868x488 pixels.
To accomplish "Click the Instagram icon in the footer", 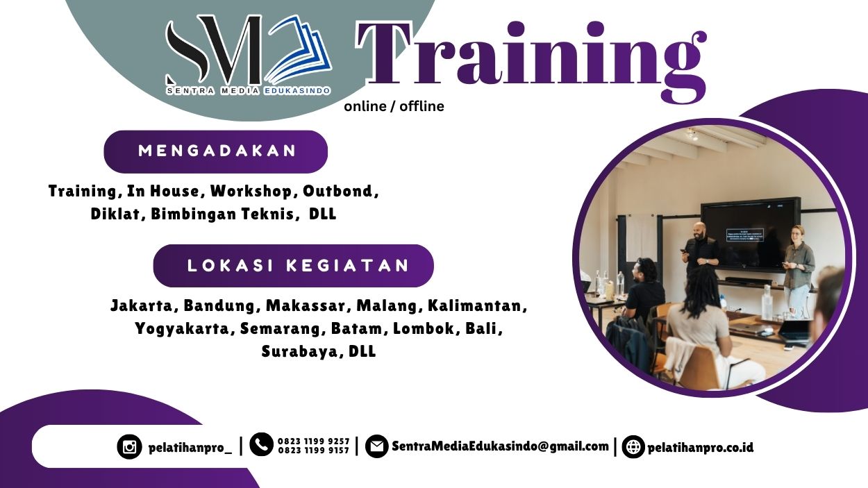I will point(129,447).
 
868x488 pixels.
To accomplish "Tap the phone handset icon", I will point(261,444).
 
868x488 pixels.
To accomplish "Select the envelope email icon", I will point(376,446).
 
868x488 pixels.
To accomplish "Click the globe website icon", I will point(633,447).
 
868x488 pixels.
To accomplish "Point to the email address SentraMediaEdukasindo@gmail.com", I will point(500,446).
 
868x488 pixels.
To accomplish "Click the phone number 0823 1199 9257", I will point(313,441).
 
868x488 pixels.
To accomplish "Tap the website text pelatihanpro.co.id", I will point(700,447).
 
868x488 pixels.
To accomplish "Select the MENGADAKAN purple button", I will point(216,151).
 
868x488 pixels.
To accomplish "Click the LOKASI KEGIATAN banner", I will point(294,266).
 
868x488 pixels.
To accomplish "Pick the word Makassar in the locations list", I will point(308,305).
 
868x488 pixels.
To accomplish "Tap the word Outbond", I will point(340,191).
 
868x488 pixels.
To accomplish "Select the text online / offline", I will point(394,106).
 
